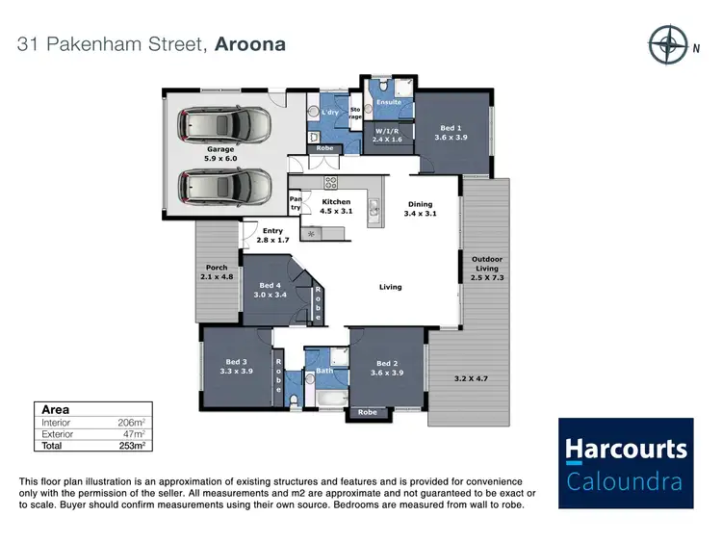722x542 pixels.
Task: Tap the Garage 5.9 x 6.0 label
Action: pyautogui.click(x=220, y=154)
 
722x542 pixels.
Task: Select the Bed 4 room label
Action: pyautogui.click(x=270, y=290)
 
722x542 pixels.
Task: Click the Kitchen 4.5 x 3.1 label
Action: pyautogui.click(x=336, y=206)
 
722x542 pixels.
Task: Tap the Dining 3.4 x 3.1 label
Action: pyautogui.click(x=420, y=209)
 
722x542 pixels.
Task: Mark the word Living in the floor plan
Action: pyautogui.click(x=390, y=287)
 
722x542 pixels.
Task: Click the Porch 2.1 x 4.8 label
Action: pyautogui.click(x=217, y=272)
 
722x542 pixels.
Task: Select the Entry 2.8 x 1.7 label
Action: pyautogui.click(x=273, y=235)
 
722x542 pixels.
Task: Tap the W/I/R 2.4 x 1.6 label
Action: pyautogui.click(x=388, y=136)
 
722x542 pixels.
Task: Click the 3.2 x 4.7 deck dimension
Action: pyautogui.click(x=472, y=378)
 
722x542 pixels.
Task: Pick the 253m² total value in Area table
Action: pyautogui.click(x=132, y=446)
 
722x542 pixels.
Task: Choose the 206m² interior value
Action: pyautogui.click(x=131, y=423)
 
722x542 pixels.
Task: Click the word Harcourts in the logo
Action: pyautogui.click(x=626, y=450)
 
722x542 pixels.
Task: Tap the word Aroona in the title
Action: pyautogui.click(x=250, y=44)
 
